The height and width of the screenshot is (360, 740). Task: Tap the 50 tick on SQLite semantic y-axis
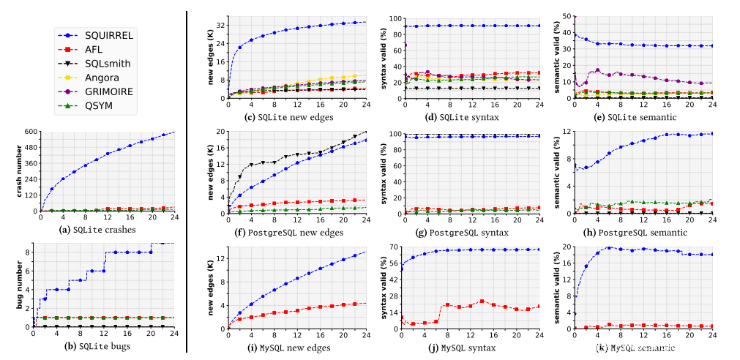tap(566, 15)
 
